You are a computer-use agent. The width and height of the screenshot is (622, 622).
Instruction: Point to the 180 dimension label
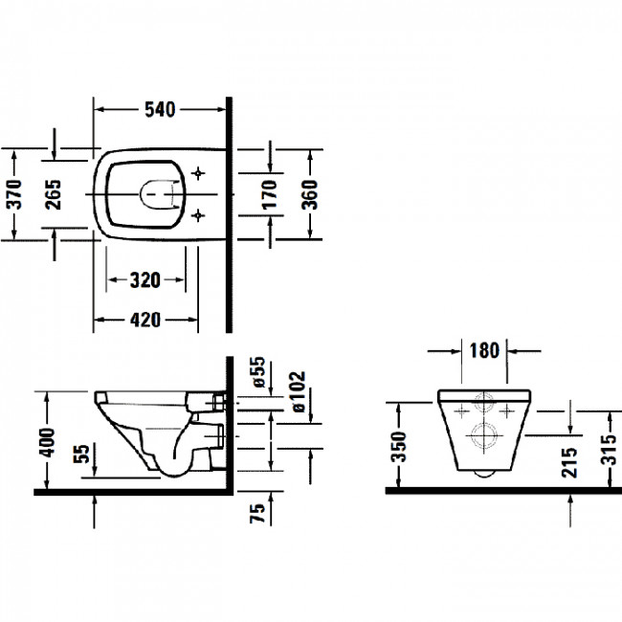[x=485, y=349]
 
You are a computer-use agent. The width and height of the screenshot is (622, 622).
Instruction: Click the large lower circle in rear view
[x=484, y=435]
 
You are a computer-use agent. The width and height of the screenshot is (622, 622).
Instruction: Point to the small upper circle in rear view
[x=484, y=403]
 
